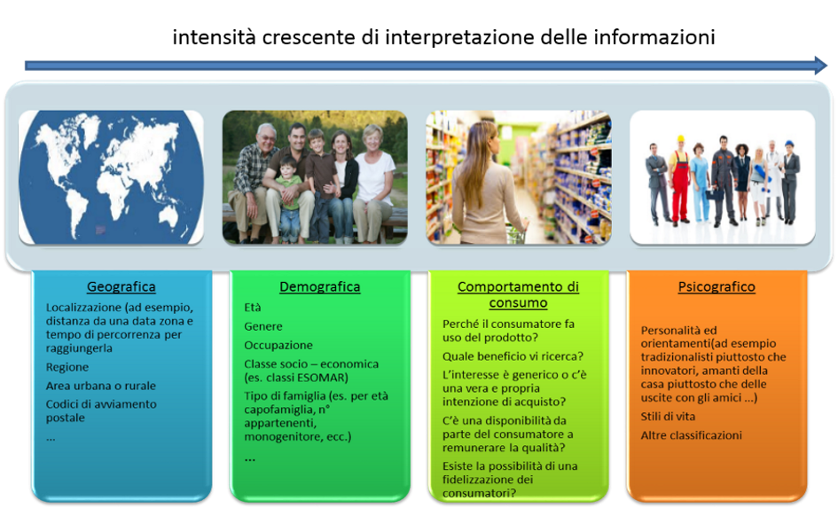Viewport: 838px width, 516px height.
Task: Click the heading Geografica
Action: [121, 287]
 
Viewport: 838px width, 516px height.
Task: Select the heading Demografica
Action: [319, 287]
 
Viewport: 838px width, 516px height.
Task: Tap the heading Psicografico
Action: [717, 287]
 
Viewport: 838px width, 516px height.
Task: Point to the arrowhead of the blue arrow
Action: [821, 66]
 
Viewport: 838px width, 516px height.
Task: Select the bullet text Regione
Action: [67, 368]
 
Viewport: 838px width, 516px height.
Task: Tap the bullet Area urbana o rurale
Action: [101, 386]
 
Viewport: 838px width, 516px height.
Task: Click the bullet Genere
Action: [263, 326]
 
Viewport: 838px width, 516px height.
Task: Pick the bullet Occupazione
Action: [278, 345]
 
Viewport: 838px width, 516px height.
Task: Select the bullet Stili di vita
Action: [668, 416]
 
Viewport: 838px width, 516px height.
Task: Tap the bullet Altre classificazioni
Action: [692, 435]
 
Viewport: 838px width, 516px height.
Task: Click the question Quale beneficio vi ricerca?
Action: [513, 356]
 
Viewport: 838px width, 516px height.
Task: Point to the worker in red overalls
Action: [680, 181]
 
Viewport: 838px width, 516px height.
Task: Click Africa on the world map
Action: [107, 184]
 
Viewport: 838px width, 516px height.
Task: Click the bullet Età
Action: [252, 308]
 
